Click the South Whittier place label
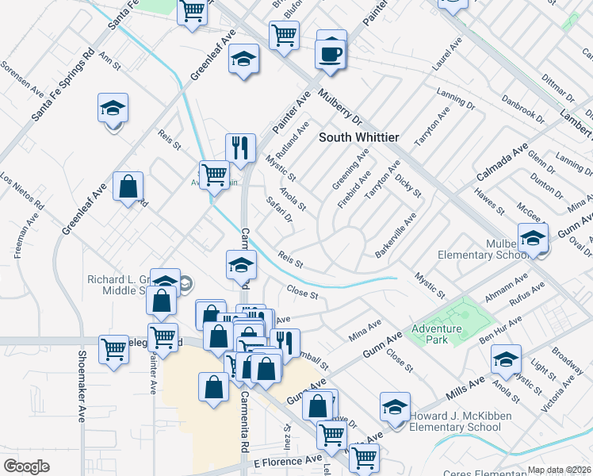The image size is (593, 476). click(358, 137)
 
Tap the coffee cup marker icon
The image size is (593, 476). click(331, 54)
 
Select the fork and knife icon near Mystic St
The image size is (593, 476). click(240, 147)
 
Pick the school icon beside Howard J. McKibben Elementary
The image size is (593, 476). click(395, 407)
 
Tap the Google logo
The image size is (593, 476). click(26, 466)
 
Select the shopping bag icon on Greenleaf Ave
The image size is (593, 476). click(128, 187)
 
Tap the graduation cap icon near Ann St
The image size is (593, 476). click(113, 108)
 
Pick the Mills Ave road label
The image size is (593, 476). click(466, 388)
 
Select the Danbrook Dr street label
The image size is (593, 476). click(522, 110)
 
